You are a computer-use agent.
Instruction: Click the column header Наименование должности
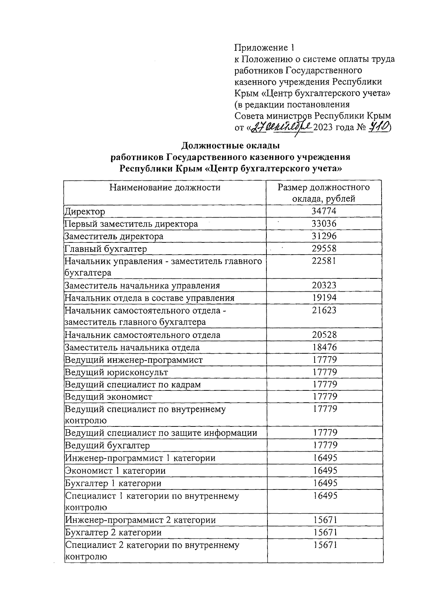point(165,187)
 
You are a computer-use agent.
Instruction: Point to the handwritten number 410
point(379,127)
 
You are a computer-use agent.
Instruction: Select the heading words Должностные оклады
point(230,146)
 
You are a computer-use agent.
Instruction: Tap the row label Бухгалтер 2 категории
point(113,532)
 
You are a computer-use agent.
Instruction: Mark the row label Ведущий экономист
point(108,397)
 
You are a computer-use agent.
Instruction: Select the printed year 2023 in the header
point(323,127)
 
